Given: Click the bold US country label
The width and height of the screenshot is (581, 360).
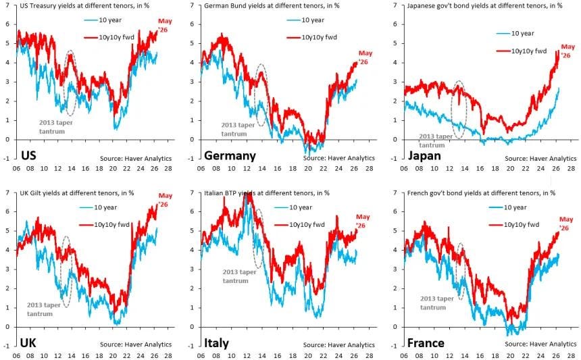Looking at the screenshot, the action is [28, 155].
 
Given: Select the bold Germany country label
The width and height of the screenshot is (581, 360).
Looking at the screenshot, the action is [230, 155].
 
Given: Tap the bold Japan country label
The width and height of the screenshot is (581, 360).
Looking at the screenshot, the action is [424, 155].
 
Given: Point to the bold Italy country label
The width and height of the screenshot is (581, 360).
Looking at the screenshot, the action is [216, 343].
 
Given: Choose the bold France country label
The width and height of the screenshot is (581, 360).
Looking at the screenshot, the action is [426, 343].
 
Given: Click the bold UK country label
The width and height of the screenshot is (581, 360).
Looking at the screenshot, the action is [28, 342].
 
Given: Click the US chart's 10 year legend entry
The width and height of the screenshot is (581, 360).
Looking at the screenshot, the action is [103, 20].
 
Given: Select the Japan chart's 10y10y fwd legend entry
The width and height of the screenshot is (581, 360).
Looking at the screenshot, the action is [522, 51].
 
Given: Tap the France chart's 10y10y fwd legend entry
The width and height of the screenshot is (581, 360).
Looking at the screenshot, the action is [514, 224].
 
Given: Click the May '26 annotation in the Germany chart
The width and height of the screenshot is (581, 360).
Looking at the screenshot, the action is [365, 57].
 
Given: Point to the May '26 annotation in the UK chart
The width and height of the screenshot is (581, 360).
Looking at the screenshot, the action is [165, 200].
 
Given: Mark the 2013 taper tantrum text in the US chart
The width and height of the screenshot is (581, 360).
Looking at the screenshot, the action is [55, 127].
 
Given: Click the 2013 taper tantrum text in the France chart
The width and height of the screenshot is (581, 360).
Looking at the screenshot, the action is [437, 303].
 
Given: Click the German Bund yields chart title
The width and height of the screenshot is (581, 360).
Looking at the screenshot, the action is [272, 6].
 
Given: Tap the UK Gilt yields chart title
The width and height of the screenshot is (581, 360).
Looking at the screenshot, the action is [77, 193].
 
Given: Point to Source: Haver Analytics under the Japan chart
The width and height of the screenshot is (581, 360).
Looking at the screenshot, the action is [540, 158].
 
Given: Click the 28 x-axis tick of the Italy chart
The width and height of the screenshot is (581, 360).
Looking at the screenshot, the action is [369, 356].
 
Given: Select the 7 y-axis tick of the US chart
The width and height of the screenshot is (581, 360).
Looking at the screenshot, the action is [8, 5].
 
